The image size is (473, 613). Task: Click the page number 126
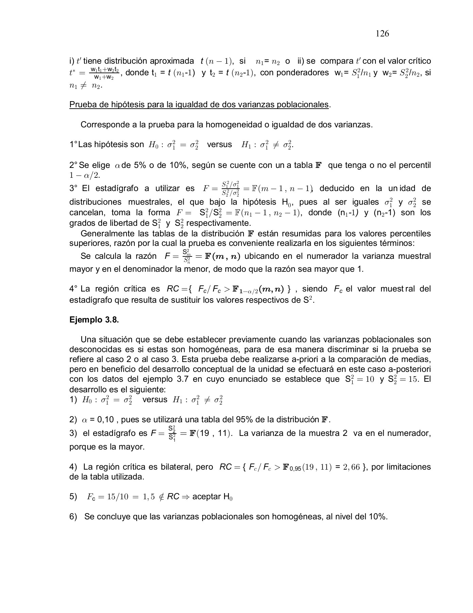[382, 34]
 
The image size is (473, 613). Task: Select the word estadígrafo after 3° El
[117, 189]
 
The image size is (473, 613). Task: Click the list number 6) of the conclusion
[73, 517]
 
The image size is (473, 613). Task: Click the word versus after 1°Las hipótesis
[219, 144]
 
